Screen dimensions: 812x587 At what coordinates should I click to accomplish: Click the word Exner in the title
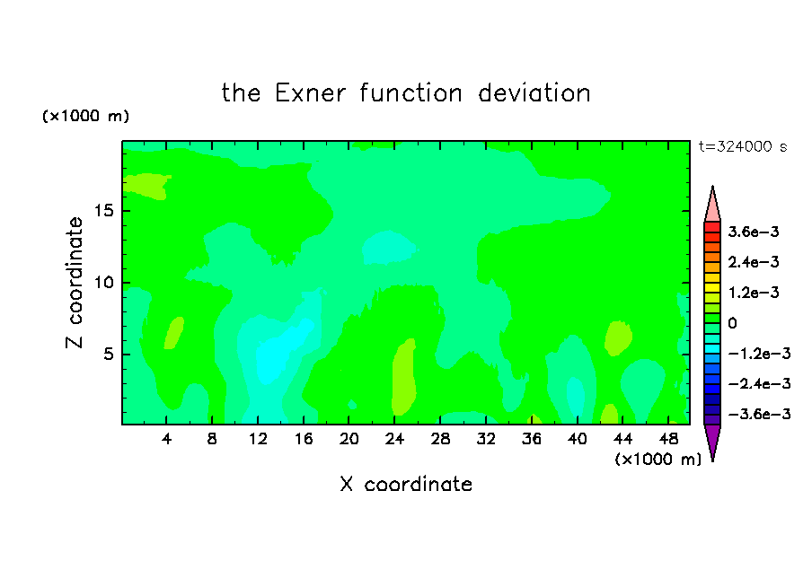[310, 93]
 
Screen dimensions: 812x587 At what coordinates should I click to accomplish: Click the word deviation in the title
[534, 93]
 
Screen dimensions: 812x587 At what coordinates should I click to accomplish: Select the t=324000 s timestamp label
[743, 147]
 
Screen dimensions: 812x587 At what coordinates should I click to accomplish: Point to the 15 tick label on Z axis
[104, 211]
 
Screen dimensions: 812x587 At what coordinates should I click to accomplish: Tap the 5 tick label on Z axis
[109, 354]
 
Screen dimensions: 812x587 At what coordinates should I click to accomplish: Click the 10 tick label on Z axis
[104, 283]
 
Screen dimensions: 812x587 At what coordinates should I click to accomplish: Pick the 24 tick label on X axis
[394, 440]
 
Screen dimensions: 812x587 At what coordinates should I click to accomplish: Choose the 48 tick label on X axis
[668, 440]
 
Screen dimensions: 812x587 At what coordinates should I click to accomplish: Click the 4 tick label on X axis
[166, 440]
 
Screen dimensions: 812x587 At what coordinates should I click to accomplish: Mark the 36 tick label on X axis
[532, 440]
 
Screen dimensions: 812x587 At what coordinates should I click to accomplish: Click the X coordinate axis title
[406, 485]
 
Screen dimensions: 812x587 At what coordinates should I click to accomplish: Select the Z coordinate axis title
[75, 283]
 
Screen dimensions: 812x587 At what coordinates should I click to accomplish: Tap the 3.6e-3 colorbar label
[754, 232]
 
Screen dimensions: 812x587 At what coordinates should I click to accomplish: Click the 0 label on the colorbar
[732, 323]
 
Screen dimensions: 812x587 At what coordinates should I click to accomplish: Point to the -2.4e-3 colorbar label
[759, 384]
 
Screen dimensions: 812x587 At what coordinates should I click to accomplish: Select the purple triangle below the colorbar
[712, 440]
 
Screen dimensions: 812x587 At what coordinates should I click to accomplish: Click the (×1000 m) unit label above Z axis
[85, 116]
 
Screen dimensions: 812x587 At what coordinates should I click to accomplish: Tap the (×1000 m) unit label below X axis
[658, 460]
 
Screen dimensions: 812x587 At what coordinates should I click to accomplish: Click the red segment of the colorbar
[712, 227]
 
